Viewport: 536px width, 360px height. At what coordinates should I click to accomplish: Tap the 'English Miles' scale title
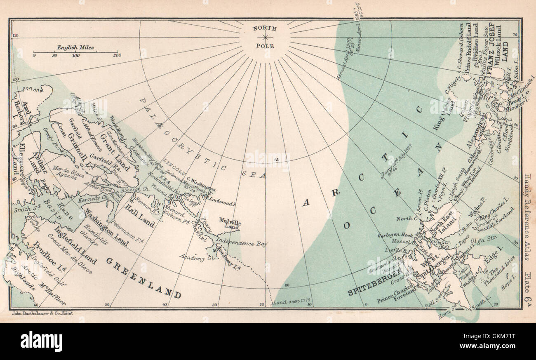click(x=75, y=47)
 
